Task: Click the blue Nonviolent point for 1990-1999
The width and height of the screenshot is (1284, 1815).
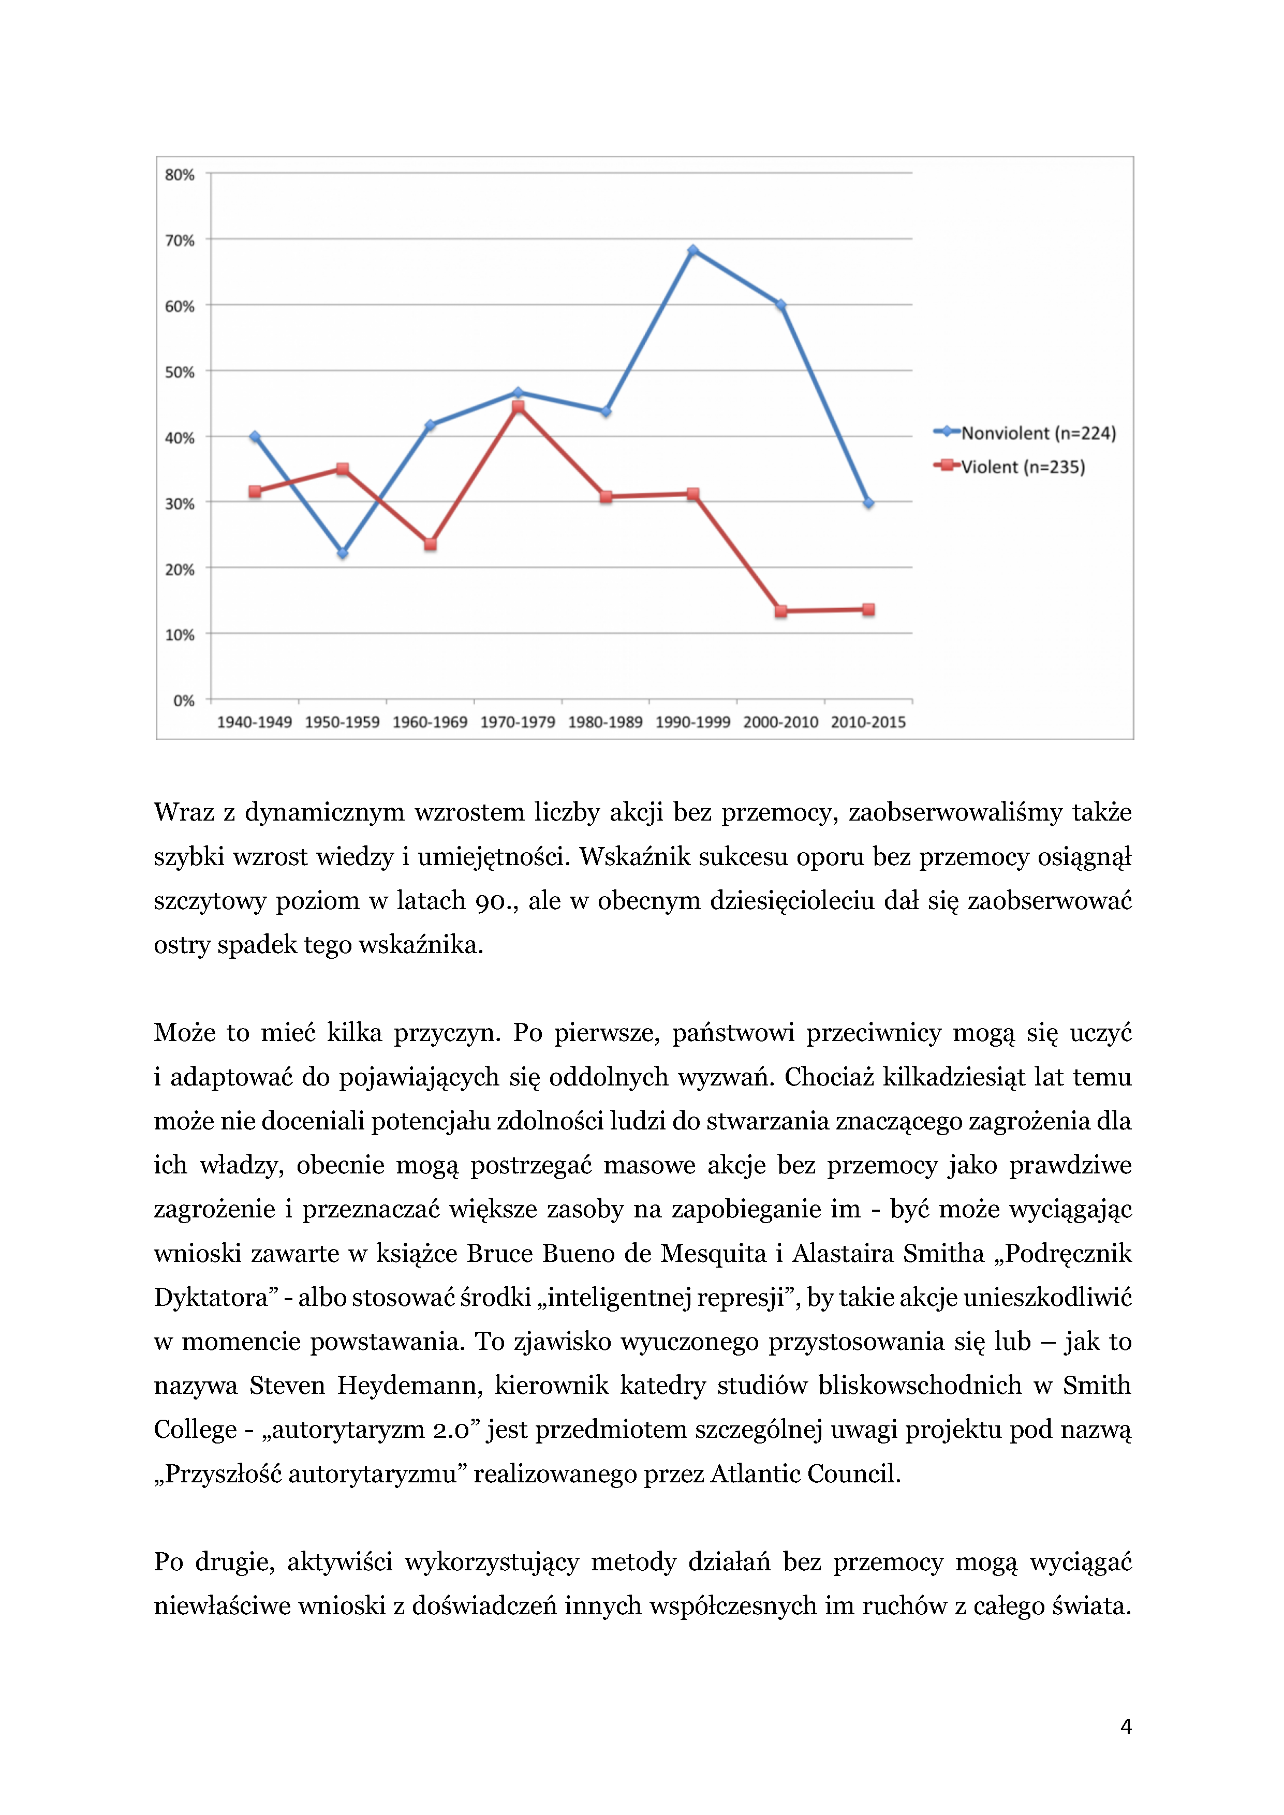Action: pos(692,250)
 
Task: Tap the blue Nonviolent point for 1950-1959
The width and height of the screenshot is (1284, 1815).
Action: pos(342,553)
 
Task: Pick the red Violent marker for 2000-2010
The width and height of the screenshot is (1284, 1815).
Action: pos(780,611)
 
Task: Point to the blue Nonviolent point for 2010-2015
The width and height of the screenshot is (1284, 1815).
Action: pos(868,503)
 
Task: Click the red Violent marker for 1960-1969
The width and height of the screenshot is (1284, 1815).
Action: pos(430,544)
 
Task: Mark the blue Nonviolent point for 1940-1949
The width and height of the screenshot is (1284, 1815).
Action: pos(255,436)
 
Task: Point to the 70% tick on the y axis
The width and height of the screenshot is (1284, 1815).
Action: pos(180,240)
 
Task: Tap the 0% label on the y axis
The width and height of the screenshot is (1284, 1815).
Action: pos(183,701)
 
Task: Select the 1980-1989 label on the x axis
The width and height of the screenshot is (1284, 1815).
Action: pos(605,722)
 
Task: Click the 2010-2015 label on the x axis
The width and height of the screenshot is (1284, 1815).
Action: pos(868,722)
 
